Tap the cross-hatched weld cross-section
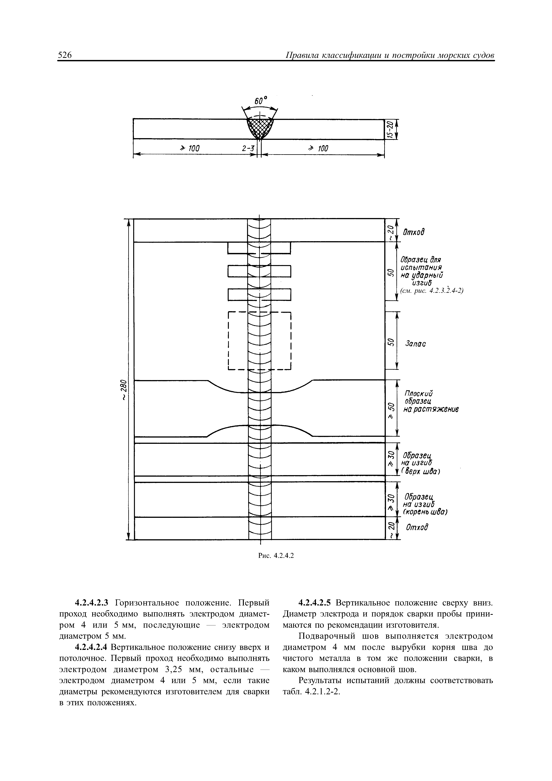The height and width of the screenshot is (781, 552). pos(260,127)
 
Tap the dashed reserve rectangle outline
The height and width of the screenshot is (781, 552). pos(228,340)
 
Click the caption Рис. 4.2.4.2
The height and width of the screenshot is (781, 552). pos(276,555)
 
